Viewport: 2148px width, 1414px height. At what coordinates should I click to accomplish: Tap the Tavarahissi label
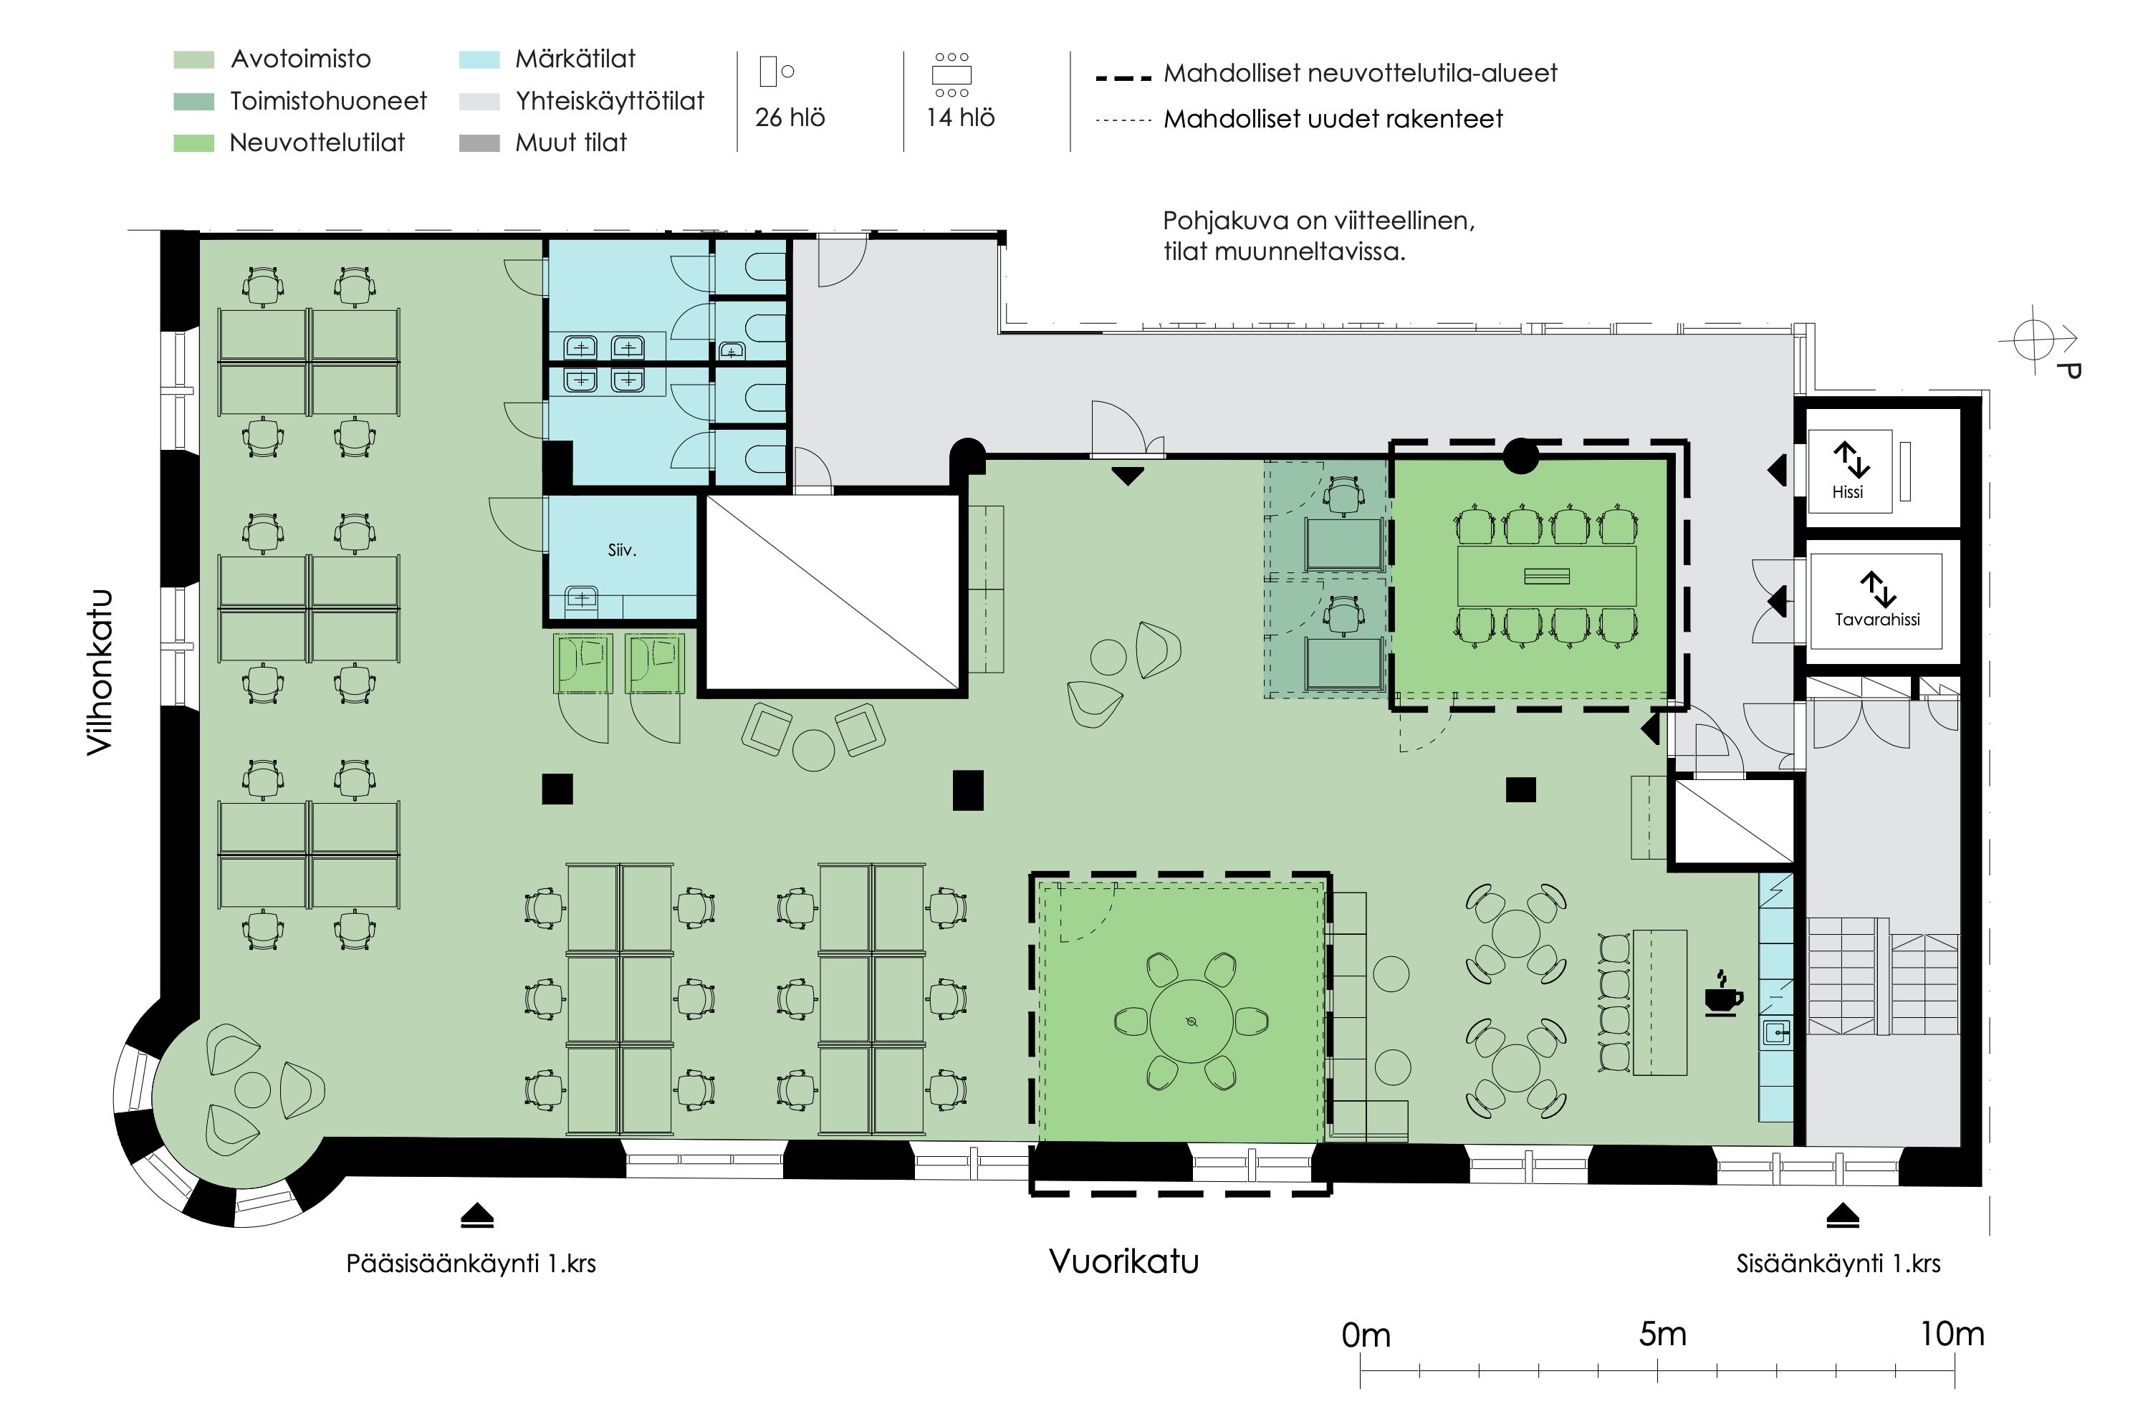[x=1876, y=619]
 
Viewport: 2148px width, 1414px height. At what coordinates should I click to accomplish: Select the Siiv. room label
[x=622, y=549]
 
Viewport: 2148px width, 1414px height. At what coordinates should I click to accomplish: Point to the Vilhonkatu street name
[x=100, y=673]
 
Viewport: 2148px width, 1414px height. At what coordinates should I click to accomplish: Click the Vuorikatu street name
[x=1123, y=1261]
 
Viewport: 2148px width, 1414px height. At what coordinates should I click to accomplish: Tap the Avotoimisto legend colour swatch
[x=193, y=59]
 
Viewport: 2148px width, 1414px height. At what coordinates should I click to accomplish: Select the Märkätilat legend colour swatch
[x=479, y=59]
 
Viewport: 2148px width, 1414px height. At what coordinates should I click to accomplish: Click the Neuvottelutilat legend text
[x=317, y=143]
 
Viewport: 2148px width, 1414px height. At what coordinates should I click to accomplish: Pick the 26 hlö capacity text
[x=790, y=117]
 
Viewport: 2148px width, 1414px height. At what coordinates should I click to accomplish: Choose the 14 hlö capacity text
[x=960, y=117]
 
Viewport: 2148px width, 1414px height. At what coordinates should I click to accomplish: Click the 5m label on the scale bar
[x=1662, y=1334]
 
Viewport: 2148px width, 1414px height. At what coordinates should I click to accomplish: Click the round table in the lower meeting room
[x=1192, y=1021]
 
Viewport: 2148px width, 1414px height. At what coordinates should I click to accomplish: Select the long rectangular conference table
[x=1546, y=576]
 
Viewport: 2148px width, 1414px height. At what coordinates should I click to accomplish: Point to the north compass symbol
[x=2036, y=340]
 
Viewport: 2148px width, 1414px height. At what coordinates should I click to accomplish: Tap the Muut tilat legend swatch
[x=479, y=143]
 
